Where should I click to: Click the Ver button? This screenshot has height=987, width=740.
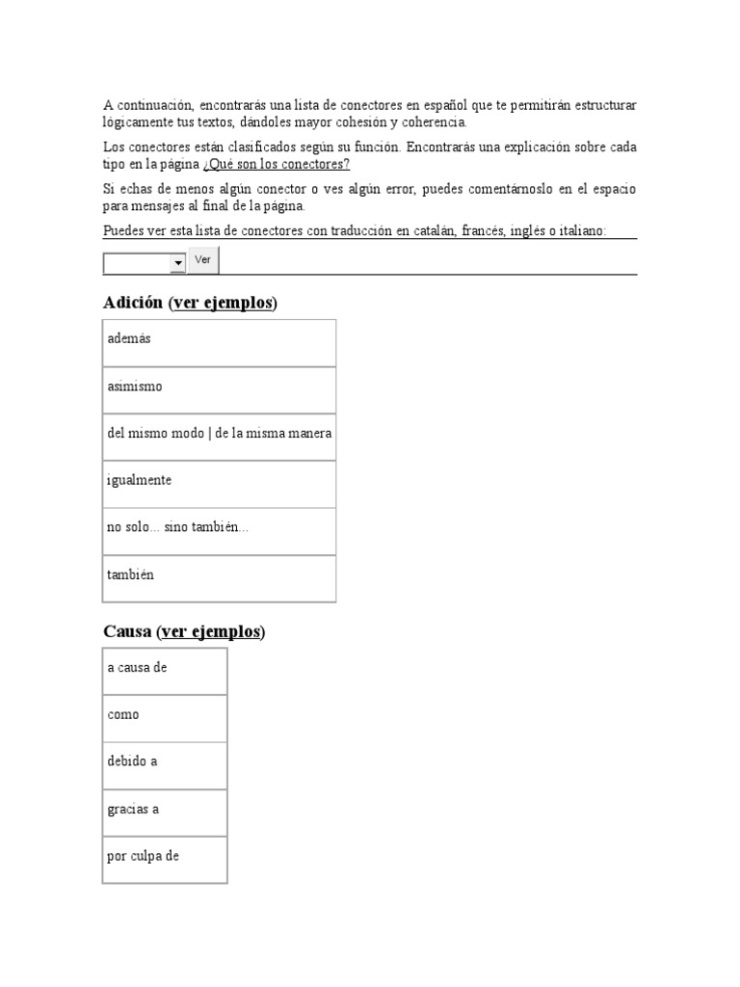203,260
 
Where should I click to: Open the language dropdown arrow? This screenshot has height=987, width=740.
177,263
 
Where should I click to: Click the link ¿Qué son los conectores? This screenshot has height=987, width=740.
277,165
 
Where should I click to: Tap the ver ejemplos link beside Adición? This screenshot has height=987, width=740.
223,303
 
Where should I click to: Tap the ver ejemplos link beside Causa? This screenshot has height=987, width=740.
211,631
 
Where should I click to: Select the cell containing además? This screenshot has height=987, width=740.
220,343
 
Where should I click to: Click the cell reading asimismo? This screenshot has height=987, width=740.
220,390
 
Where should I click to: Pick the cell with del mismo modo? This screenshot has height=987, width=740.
220,437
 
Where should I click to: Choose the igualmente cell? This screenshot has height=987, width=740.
220,484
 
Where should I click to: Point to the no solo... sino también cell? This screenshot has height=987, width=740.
220,531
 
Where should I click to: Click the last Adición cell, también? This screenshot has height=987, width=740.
220,578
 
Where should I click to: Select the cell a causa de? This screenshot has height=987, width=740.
165,671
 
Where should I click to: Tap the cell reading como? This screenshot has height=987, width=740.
165,718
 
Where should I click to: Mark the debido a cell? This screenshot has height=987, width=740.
165,765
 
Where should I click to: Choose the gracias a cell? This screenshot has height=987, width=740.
165,813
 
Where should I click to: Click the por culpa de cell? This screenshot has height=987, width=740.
165,860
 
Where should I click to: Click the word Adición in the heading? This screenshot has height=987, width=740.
133,303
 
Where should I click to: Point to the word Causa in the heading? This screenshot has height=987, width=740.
127,631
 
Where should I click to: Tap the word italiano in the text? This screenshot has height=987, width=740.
577,231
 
